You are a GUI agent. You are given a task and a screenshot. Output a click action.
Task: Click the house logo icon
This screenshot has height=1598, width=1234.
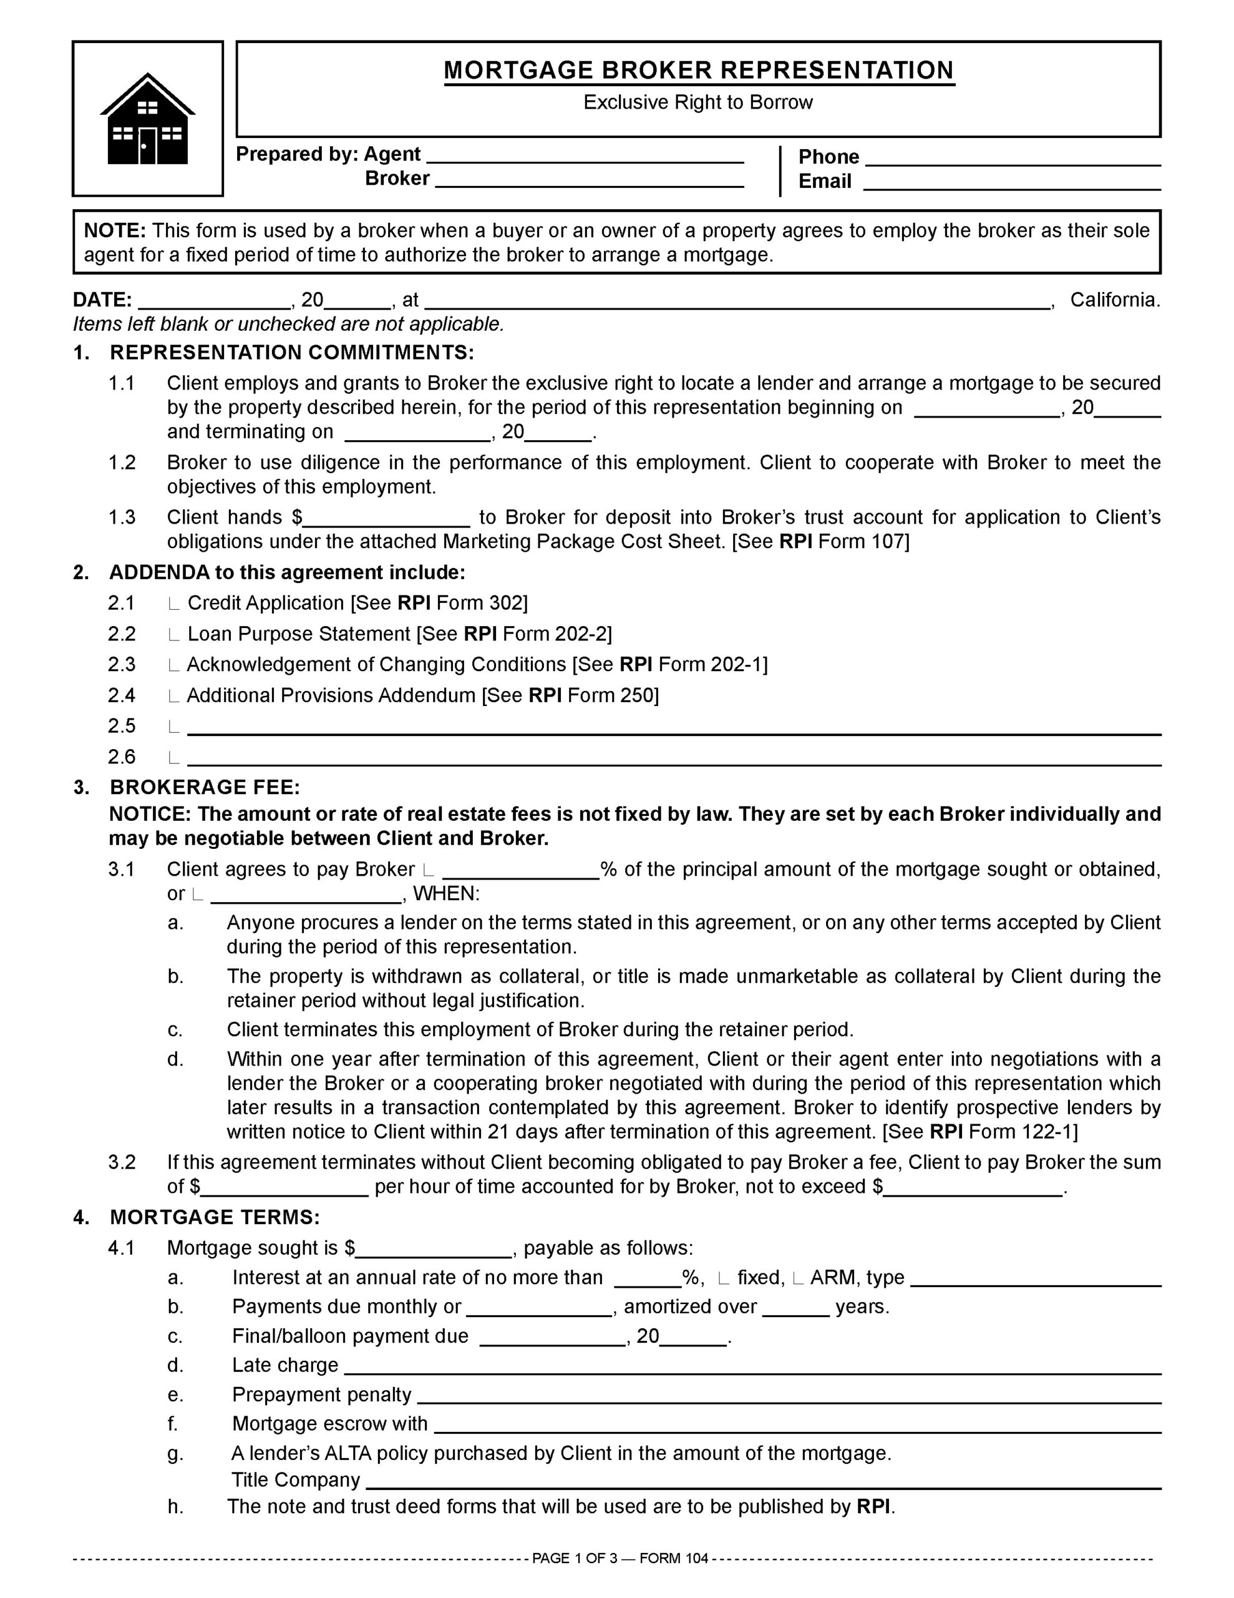148,119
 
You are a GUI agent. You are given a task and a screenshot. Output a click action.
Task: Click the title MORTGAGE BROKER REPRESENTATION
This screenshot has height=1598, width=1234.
699,71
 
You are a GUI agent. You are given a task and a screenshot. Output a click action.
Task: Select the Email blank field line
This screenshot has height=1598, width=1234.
1013,184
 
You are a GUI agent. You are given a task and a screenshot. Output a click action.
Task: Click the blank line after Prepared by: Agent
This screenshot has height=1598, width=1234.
585,157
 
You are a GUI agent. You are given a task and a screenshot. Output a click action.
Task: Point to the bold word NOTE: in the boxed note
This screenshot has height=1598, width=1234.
115,230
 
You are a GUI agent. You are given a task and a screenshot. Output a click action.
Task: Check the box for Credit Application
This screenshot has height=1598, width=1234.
173,604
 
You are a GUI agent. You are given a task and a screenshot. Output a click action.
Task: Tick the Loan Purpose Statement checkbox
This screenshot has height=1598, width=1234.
173,635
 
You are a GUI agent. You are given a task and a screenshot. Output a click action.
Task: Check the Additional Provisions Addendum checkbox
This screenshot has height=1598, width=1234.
173,697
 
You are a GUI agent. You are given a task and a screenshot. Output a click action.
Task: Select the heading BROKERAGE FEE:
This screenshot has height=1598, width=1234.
205,787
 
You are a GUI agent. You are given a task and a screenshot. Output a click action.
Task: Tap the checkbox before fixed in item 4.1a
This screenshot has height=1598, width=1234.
724,1279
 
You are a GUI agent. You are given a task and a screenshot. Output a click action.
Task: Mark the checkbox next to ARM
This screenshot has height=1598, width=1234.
798,1279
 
